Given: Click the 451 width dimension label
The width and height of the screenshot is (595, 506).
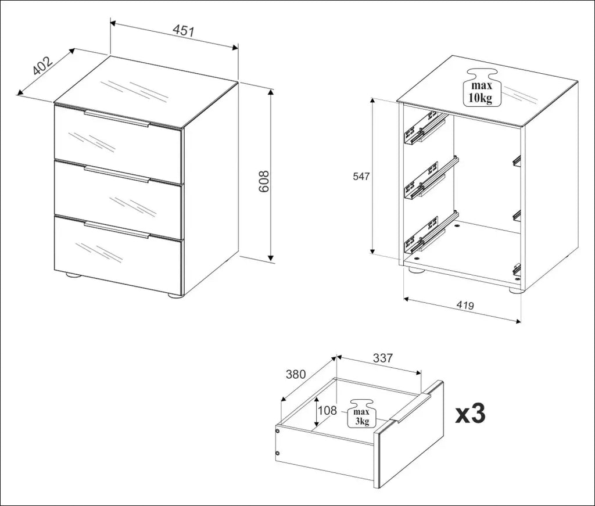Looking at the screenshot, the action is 183,31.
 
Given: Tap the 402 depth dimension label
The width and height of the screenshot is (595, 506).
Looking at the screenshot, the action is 42,66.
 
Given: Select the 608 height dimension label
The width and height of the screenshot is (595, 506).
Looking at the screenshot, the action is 263,181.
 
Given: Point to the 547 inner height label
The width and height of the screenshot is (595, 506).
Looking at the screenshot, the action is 361,176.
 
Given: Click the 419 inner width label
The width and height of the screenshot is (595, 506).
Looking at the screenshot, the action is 465,305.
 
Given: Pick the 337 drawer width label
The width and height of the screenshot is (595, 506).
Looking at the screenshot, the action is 382,358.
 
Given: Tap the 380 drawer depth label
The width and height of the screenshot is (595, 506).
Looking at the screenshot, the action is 296,374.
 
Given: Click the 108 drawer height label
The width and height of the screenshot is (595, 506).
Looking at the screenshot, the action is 327,410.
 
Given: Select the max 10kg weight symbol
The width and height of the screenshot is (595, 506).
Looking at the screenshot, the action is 482,87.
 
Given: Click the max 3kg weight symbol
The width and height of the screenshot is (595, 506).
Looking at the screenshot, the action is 361,414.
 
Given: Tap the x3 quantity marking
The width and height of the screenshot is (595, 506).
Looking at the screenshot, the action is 471,414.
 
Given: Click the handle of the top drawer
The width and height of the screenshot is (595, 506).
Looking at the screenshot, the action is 117,118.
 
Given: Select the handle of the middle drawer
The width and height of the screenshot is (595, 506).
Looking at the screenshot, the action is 117,174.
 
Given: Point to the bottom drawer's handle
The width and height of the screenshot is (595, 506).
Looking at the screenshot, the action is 117,230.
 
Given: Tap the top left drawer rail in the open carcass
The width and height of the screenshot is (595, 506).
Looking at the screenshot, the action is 424,127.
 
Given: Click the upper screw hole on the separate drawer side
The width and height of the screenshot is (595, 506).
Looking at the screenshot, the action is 277,431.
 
